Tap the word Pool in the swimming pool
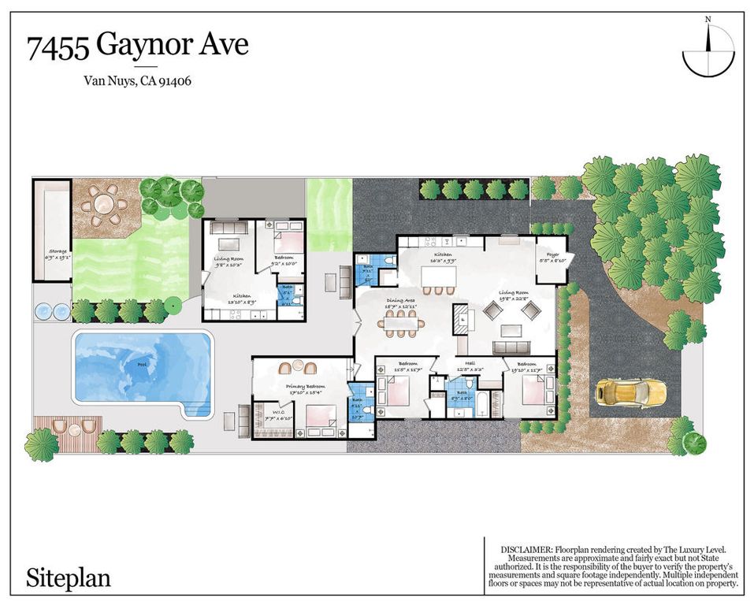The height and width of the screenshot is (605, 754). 142,366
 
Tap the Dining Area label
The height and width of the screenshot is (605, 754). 400,299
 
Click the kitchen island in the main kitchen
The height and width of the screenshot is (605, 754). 439,277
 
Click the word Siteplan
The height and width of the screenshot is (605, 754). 69,578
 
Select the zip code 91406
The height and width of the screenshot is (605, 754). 176,80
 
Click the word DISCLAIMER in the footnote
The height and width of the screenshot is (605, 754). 526,547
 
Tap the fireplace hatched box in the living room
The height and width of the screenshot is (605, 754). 461,319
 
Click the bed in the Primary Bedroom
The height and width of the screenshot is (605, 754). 320,414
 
